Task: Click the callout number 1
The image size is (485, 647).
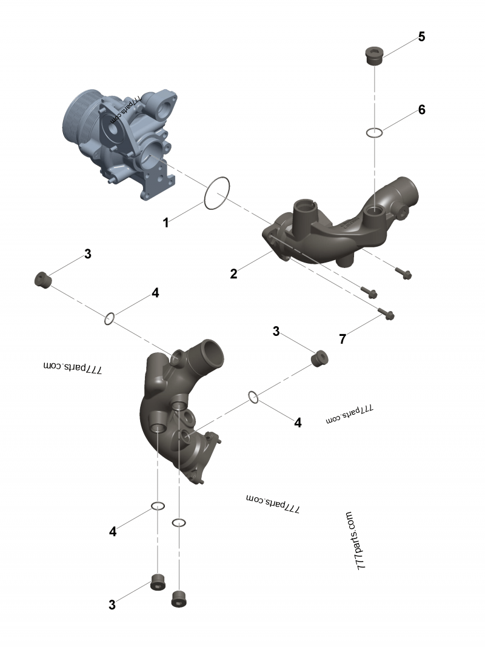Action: pyautogui.click(x=166, y=223)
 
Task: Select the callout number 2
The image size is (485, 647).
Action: pyautogui.click(x=233, y=273)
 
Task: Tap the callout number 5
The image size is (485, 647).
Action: pyautogui.click(x=421, y=36)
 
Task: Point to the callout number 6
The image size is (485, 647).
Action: pyautogui.click(x=421, y=110)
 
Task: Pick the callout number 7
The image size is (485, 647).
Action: pyautogui.click(x=343, y=339)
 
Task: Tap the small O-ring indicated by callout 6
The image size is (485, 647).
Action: pyautogui.click(x=375, y=133)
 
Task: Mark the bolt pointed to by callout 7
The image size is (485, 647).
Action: pyautogui.click(x=386, y=314)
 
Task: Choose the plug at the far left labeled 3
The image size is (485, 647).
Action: pyautogui.click(x=42, y=280)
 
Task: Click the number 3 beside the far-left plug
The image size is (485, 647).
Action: pyautogui.click(x=88, y=254)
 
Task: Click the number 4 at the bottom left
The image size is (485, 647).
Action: pyautogui.click(x=113, y=532)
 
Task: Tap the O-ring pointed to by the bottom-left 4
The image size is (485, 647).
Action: pyautogui.click(x=158, y=506)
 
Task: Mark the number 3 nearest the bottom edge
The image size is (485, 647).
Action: pyautogui.click(x=112, y=605)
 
